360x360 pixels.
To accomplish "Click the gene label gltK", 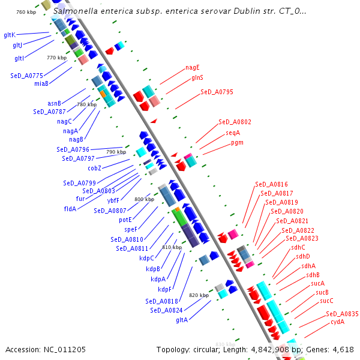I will [10, 35].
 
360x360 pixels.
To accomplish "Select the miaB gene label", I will [41, 83].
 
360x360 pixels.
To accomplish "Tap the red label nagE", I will [192, 67].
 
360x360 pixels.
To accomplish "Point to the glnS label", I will [197, 78].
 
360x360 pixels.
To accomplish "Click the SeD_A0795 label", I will [217, 92].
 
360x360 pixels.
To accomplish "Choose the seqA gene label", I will [233, 133].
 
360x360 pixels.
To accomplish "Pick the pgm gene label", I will [237, 143].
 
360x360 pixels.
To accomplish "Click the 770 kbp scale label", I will [56, 58].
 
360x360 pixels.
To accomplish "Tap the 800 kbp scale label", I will [145, 199].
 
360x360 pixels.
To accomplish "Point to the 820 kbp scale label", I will [199, 295].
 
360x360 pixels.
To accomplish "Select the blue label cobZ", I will [95, 168].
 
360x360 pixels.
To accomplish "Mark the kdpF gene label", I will [165, 289].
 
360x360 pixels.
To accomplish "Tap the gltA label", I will [182, 320].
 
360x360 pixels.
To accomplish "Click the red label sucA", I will [317, 283].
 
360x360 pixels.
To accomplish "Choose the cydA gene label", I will [338, 322].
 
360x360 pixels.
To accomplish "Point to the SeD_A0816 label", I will [271, 184].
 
